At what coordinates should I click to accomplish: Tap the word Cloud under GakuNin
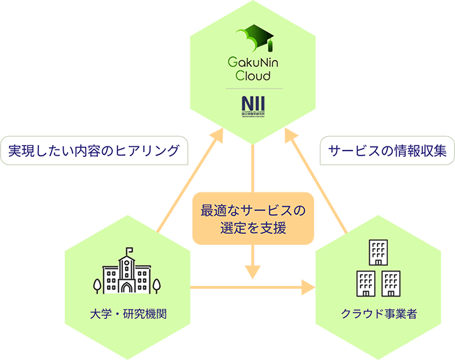click(x=252, y=75)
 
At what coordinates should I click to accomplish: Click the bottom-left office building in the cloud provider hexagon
click(x=366, y=283)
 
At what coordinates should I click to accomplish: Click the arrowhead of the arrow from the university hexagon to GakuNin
click(x=217, y=133)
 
